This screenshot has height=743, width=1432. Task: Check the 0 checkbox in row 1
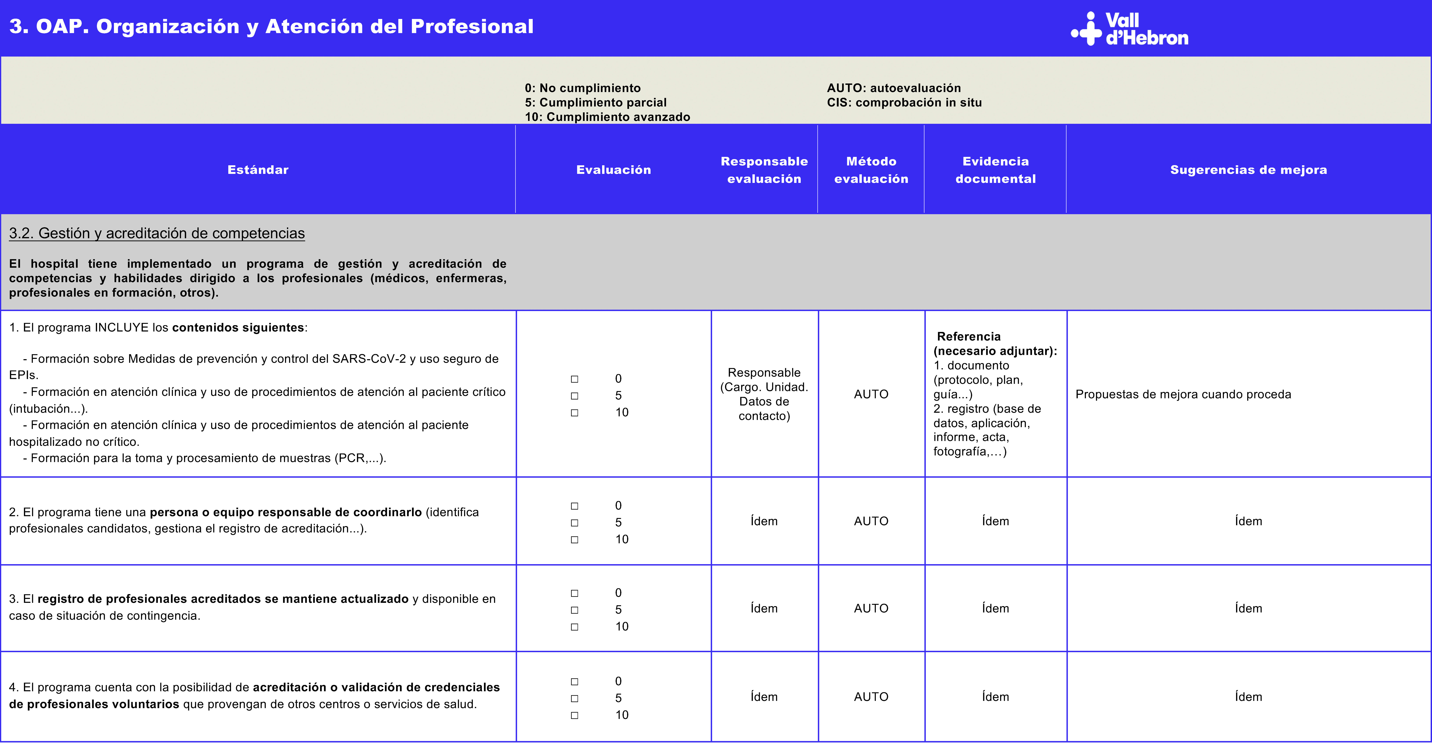click(574, 379)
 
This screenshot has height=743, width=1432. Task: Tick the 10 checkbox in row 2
click(574, 540)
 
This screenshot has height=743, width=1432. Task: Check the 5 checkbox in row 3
click(574, 610)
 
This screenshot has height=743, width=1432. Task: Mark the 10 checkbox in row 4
click(574, 715)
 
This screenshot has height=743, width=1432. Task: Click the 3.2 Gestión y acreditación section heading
click(157, 233)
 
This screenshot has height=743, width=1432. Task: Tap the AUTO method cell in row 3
click(871, 608)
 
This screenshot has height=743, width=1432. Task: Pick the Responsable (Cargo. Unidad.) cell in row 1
click(764, 394)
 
